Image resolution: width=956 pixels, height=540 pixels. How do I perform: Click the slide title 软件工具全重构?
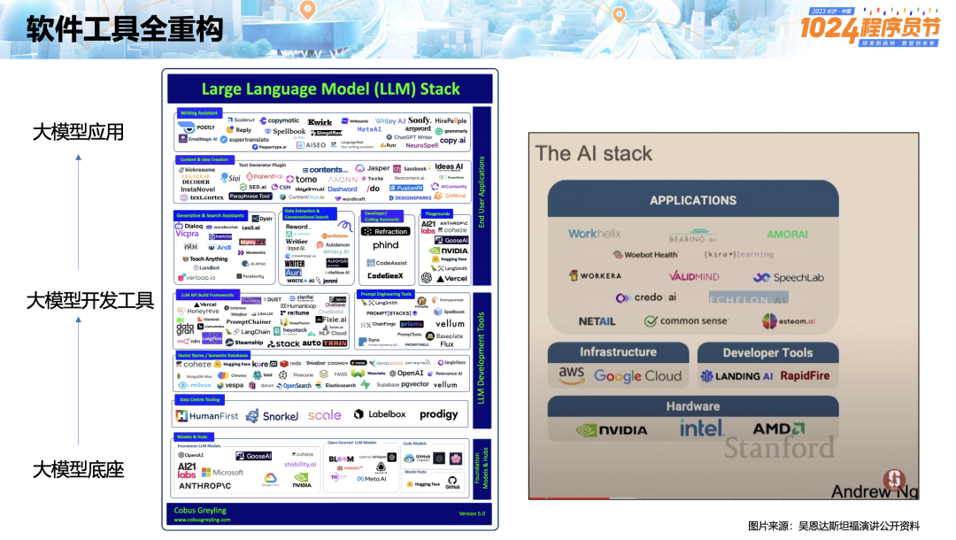[124, 31]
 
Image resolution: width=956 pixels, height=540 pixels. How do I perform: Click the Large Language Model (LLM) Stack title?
[330, 89]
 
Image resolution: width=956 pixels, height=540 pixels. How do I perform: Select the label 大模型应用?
[78, 132]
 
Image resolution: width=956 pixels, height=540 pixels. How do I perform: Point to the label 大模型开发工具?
[89, 300]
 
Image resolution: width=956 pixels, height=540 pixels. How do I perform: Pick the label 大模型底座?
[78, 469]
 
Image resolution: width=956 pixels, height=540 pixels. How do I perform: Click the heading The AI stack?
[593, 153]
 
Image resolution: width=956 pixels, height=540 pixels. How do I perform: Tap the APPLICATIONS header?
[692, 200]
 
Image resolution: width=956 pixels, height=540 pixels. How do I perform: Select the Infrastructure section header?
[618, 351]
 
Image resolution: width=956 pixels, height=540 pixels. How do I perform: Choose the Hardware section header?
[692, 406]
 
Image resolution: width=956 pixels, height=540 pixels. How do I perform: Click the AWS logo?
[572, 374]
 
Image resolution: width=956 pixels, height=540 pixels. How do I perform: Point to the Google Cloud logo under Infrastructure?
[637, 375]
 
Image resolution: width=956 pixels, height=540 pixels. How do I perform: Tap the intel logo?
[701, 428]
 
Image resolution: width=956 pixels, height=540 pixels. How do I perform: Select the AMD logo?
[778, 429]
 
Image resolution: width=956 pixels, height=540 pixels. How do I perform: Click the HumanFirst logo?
[207, 415]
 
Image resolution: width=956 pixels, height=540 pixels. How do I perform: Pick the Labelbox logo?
[380, 414]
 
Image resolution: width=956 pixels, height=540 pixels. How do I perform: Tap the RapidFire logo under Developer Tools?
[805, 375]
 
